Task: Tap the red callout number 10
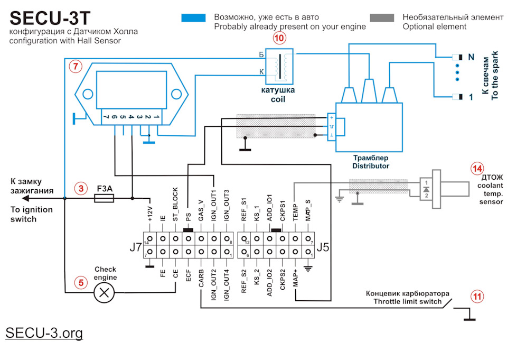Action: tap(279, 39)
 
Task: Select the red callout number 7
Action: tap(76, 67)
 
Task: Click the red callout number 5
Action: tap(80, 283)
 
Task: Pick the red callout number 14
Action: tap(477, 169)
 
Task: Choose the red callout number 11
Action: tap(477, 297)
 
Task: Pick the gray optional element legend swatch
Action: tap(381, 18)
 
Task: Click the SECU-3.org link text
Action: tap(44, 333)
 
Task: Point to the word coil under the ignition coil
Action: tap(278, 99)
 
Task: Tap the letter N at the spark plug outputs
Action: tap(471, 57)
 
